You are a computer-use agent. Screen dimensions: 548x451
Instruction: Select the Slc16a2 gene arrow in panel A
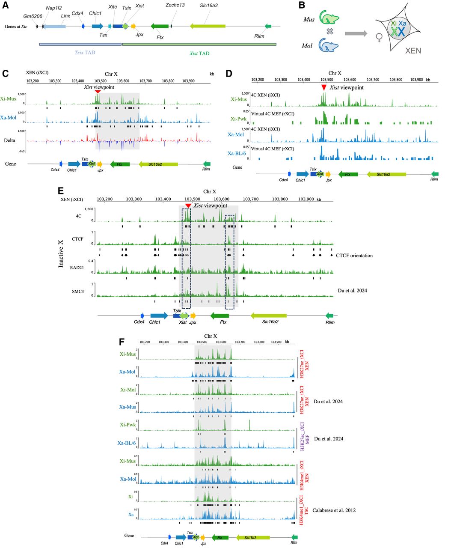point(208,27)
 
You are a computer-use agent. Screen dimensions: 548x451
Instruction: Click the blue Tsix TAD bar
point(80,44)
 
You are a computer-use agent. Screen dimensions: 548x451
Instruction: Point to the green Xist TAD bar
point(199,44)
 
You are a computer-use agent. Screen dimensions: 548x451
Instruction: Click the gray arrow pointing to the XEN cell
point(356,33)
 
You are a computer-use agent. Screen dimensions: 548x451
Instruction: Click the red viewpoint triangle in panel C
point(98,92)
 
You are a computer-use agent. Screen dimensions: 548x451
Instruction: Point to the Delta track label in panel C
point(10,140)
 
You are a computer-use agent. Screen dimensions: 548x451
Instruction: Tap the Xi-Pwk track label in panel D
point(239,119)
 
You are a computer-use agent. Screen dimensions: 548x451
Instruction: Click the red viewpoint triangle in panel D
point(324,87)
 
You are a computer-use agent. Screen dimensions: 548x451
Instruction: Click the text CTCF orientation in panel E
point(354,256)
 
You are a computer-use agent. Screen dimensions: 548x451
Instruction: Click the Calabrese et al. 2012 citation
point(334,510)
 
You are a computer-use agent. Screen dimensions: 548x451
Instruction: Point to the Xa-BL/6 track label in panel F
point(127,443)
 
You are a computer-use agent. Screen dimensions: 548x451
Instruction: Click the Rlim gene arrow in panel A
point(268,27)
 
